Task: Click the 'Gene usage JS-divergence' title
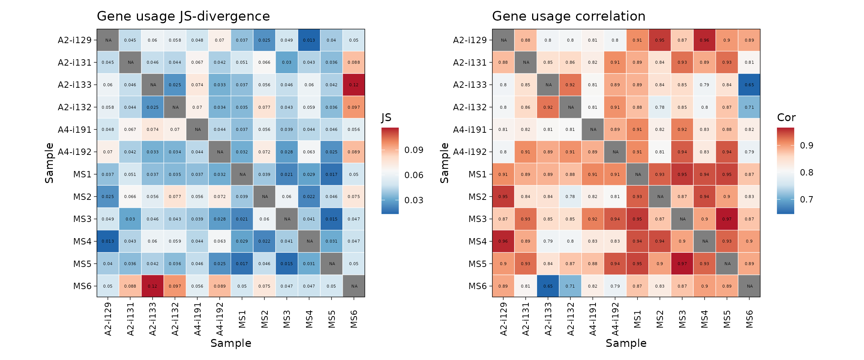click(183, 16)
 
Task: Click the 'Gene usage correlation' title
click(568, 16)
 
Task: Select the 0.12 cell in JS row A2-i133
click(354, 85)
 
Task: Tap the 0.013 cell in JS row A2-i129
click(309, 40)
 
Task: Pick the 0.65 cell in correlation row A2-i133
click(749, 85)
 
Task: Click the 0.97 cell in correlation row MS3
click(727, 219)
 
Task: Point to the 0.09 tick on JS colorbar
click(414, 150)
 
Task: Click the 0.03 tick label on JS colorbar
click(414, 200)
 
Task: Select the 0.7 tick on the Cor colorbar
click(806, 199)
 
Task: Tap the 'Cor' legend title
click(786, 118)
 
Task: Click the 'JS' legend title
click(386, 118)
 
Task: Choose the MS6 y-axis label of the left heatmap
click(82, 286)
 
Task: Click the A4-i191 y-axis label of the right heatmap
click(469, 130)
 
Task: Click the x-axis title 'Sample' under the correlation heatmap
click(626, 343)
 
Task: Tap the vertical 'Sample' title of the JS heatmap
click(49, 163)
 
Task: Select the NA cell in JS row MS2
click(265, 196)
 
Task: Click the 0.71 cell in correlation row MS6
click(570, 286)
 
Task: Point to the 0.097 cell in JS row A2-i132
click(354, 107)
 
